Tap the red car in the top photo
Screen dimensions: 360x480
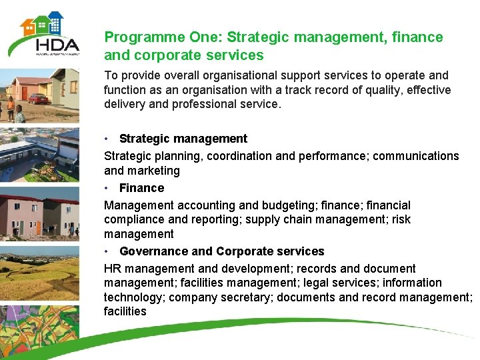coord(38,99)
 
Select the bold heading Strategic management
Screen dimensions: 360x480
coord(183,139)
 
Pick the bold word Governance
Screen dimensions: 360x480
coord(153,251)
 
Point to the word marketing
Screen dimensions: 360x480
coord(153,171)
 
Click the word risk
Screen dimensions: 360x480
coord(401,219)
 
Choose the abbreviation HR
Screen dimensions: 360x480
coord(112,269)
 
